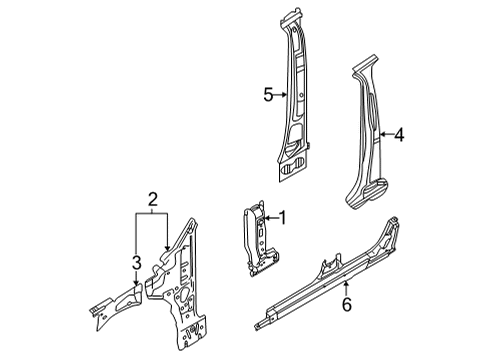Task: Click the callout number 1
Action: pyautogui.click(x=282, y=218)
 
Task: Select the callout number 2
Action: pyautogui.click(x=152, y=200)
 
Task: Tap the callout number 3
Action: pyautogui.click(x=136, y=262)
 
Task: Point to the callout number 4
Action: pyautogui.click(x=399, y=135)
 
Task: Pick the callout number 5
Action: pyautogui.click(x=268, y=95)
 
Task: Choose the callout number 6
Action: pyautogui.click(x=347, y=304)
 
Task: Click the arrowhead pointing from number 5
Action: pyautogui.click(x=284, y=95)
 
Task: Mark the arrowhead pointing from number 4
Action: pyautogui.click(x=382, y=134)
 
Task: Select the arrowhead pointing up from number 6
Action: pyautogui.click(x=347, y=283)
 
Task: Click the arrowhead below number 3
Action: pyautogui.click(x=136, y=282)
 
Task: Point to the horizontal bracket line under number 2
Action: pyautogui.click(x=152, y=213)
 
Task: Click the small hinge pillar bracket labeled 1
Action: pyautogui.click(x=260, y=239)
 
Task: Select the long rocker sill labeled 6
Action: pyautogui.click(x=328, y=274)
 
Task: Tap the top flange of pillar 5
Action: pyautogui.click(x=292, y=18)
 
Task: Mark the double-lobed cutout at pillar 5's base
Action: pyautogui.click(x=293, y=164)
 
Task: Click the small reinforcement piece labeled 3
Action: pyautogui.click(x=116, y=306)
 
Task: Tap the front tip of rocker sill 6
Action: pyautogui.click(x=256, y=326)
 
